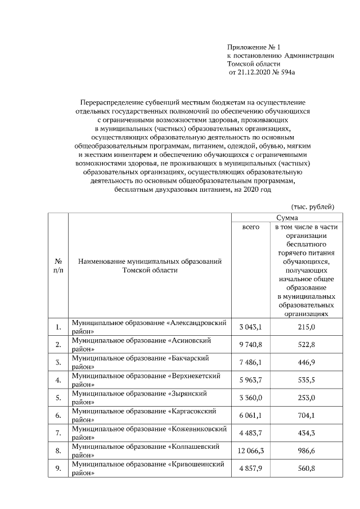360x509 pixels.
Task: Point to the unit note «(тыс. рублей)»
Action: [x=313, y=206]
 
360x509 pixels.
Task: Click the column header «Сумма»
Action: [x=287, y=217]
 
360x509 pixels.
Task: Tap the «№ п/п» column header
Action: [x=58, y=266]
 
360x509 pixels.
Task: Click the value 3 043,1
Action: [x=251, y=327]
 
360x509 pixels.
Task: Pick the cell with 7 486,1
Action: [x=251, y=363]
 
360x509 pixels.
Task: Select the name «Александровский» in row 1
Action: [x=201, y=322]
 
